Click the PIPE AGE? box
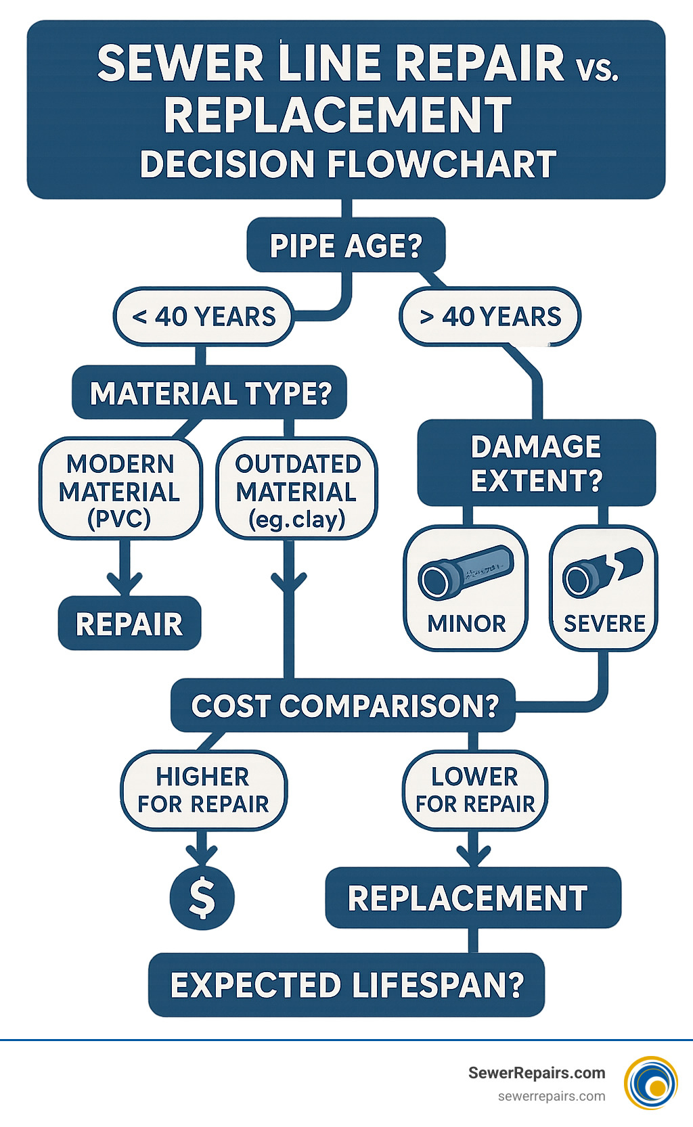pos(346,246)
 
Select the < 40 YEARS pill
pos(204,317)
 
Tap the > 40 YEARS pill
pos(490,317)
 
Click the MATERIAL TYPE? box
pos(210,393)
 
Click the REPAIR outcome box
pos(129,624)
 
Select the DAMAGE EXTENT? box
pos(537,463)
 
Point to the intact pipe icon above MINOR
pos(466,572)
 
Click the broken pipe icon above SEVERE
pos(603,572)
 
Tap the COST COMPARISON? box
pos(344,706)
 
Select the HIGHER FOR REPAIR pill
pos(203,790)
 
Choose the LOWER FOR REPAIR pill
pos(475,790)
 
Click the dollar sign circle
pos(202,898)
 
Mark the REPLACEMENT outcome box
pos(472,898)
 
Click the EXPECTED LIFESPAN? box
pos(346,985)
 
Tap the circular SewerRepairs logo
pos(651,1083)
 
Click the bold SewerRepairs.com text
pos(537,1073)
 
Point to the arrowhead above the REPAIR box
pos(125,583)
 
